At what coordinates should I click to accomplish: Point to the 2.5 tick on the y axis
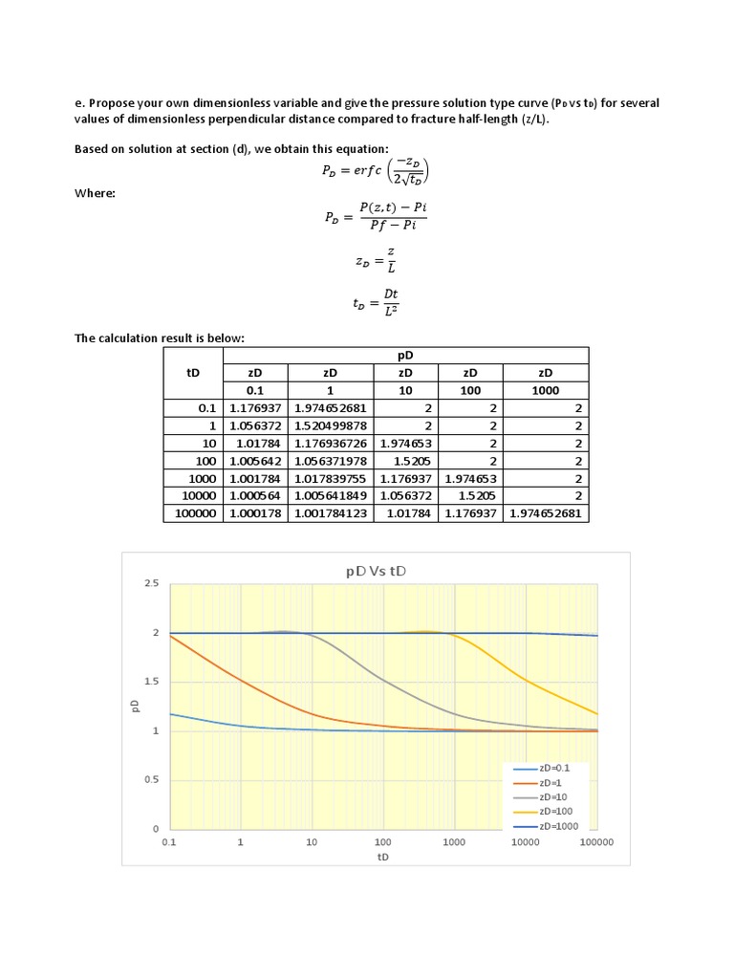(150, 583)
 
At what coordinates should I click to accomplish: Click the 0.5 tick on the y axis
(150, 780)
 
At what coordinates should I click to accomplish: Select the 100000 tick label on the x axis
(596, 843)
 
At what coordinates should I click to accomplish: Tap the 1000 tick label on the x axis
(454, 843)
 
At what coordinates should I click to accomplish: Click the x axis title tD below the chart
(382, 858)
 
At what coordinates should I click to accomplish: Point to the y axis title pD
(135, 707)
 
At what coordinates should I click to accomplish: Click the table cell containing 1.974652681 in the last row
(546, 513)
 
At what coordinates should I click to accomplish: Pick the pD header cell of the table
(405, 356)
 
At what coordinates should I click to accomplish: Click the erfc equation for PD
(376, 173)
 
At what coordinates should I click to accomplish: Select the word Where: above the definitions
(96, 193)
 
